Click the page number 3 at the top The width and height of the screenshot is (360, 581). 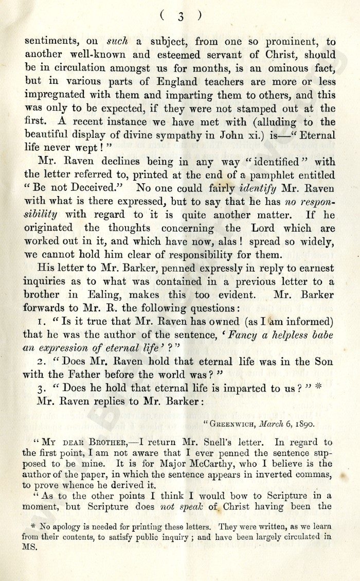(181, 16)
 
